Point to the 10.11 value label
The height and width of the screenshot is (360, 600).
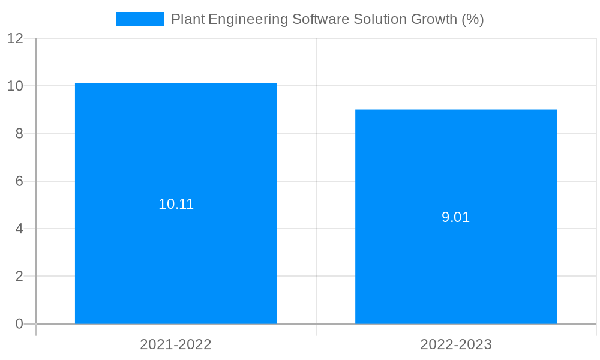point(176,204)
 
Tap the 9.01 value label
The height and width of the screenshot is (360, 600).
point(456,217)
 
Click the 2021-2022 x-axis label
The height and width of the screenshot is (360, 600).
point(176,344)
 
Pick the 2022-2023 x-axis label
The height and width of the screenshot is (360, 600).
point(456,344)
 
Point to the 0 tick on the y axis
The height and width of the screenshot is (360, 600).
point(19,324)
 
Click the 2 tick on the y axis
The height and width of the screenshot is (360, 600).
point(19,277)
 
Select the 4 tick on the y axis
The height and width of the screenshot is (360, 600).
point(19,229)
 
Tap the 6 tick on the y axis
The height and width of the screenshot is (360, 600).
point(19,181)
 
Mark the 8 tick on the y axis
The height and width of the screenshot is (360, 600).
point(19,134)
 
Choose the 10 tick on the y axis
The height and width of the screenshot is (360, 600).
point(15,86)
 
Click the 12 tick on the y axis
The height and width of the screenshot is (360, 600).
point(15,38)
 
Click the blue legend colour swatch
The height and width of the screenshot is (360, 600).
point(140,19)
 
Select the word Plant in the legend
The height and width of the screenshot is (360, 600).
point(187,19)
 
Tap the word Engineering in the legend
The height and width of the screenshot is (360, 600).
point(248,19)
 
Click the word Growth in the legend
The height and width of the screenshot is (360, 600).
point(433,19)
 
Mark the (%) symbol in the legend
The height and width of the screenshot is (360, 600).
point(473,19)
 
